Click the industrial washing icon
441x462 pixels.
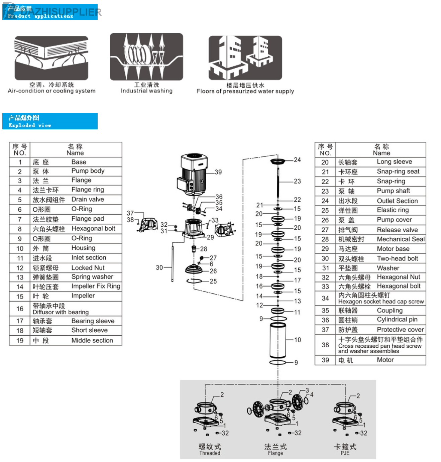tap(146, 56)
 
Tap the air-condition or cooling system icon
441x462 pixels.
tap(51, 57)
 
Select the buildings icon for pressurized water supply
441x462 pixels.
tap(245, 57)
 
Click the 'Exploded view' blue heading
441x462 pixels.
tap(50, 121)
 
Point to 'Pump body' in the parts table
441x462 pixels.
tap(88, 171)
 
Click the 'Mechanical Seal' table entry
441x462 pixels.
tap(401, 239)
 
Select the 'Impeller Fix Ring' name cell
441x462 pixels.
tap(96, 286)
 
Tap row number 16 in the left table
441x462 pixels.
tap(20, 309)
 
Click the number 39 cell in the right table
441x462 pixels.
tap(325, 360)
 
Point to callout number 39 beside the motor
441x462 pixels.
tap(218, 172)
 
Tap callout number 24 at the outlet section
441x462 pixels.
tap(297, 160)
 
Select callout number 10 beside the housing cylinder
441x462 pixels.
tap(298, 340)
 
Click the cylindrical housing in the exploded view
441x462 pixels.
tap(278, 340)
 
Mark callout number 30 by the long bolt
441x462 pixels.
tap(159, 267)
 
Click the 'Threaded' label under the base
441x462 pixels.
tap(210, 453)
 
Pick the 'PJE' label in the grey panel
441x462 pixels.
tap(345, 453)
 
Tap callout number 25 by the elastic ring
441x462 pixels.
tap(213, 281)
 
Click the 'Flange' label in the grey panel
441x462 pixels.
tap(275, 453)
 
